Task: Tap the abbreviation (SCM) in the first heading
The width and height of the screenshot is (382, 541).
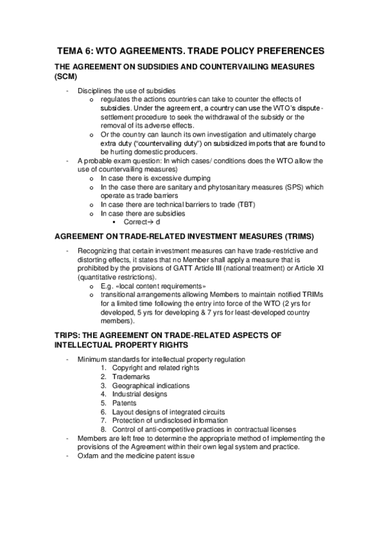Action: (68, 76)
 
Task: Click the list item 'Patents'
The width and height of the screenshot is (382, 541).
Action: (124, 403)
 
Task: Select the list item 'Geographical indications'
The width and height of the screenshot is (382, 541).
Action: (151, 386)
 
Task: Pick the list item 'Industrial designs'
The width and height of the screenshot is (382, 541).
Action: (140, 394)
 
